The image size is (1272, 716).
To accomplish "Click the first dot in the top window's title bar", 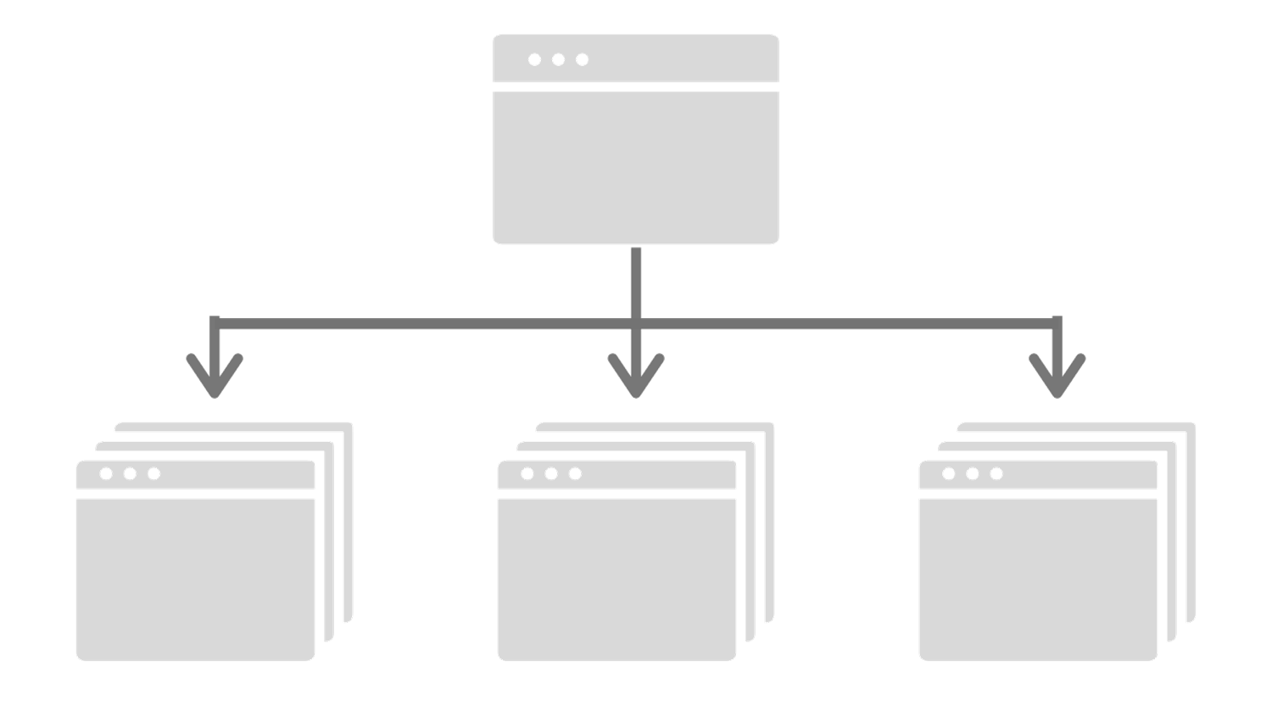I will [534, 59].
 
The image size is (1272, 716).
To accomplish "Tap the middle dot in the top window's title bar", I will [558, 59].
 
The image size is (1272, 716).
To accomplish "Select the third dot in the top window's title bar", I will [582, 59].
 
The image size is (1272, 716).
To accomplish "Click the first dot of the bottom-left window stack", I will [106, 473].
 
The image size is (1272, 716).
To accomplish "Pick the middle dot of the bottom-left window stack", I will [130, 473].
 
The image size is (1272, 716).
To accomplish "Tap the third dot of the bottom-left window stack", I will [153, 473].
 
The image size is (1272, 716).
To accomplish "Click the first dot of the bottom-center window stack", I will [527, 473].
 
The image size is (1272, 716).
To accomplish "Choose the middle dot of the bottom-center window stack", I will [551, 473].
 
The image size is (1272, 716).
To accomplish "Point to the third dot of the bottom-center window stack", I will [575, 473].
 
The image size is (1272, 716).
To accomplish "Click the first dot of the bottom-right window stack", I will [949, 473].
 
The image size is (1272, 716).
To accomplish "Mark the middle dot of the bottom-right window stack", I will [973, 473].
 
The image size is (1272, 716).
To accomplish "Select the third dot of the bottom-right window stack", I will [996, 473].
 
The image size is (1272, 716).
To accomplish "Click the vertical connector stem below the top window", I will [636, 280].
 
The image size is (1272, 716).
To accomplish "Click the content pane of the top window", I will [636, 165].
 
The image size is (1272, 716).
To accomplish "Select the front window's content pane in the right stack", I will [1038, 577].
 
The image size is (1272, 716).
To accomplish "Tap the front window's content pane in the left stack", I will [195, 577].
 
